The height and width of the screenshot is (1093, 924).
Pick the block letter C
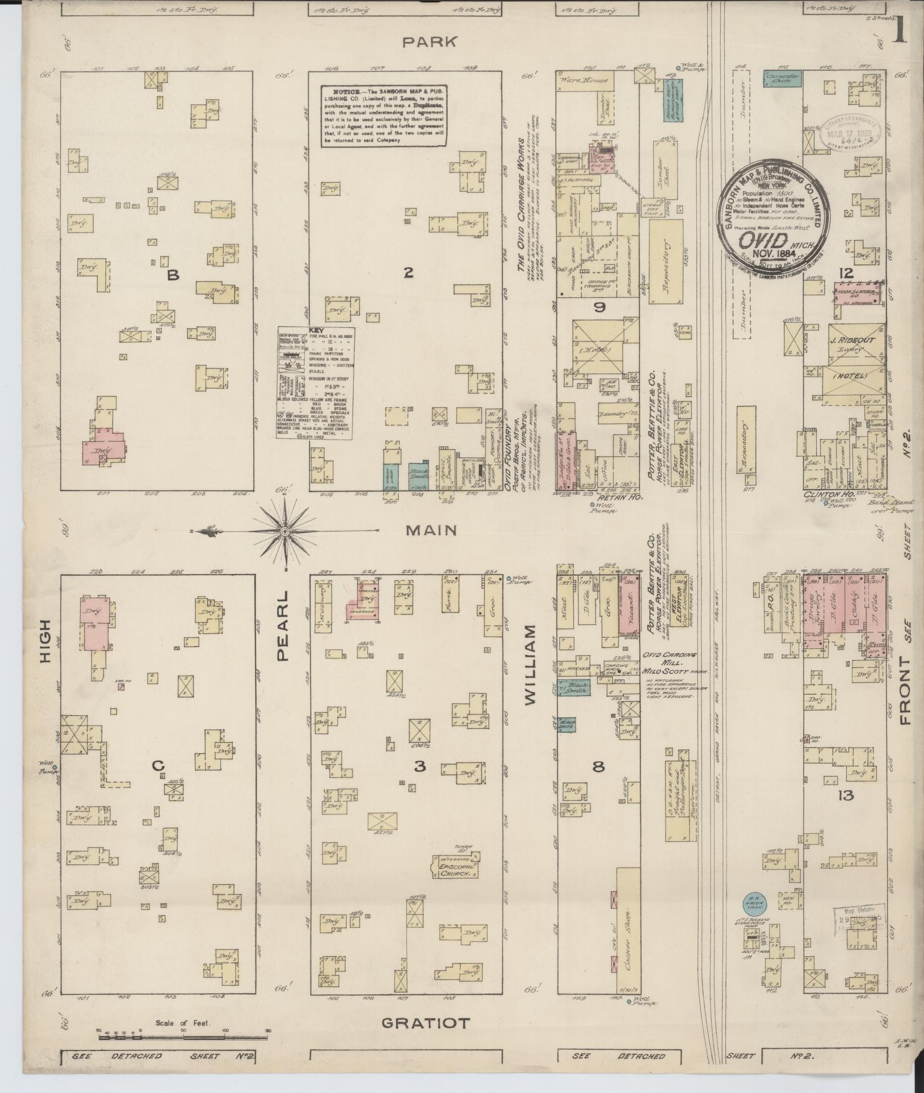158,766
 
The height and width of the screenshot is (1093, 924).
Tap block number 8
598,767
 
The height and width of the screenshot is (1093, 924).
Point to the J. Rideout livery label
855,340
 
